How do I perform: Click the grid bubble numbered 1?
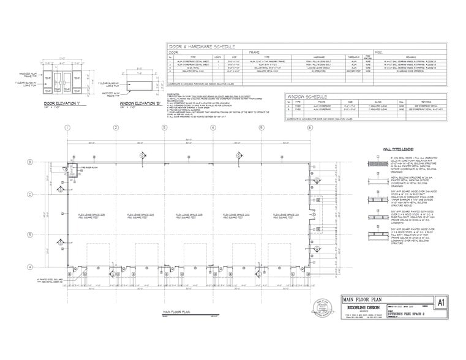[67, 127]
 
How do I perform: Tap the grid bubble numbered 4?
[212, 127]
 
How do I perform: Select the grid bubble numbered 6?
[310, 127]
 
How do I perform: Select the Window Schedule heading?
[309, 97]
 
